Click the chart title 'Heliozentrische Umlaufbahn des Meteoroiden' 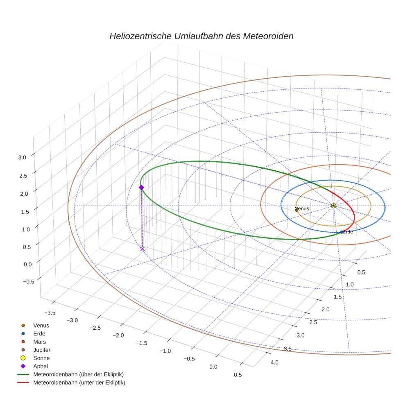(201, 36)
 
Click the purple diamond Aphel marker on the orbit (141, 187)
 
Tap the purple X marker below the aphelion (143, 249)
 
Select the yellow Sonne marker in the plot (333, 205)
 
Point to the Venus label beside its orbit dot (302, 209)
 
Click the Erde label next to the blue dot (348, 232)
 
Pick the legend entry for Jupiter (42, 350)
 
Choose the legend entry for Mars (39, 342)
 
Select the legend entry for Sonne (41, 358)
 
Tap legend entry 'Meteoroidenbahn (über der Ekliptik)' (78, 374)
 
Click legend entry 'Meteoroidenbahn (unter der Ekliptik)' (79, 383)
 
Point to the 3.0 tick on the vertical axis (22, 157)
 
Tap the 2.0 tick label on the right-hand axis (325, 309)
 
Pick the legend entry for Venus (41, 325)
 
